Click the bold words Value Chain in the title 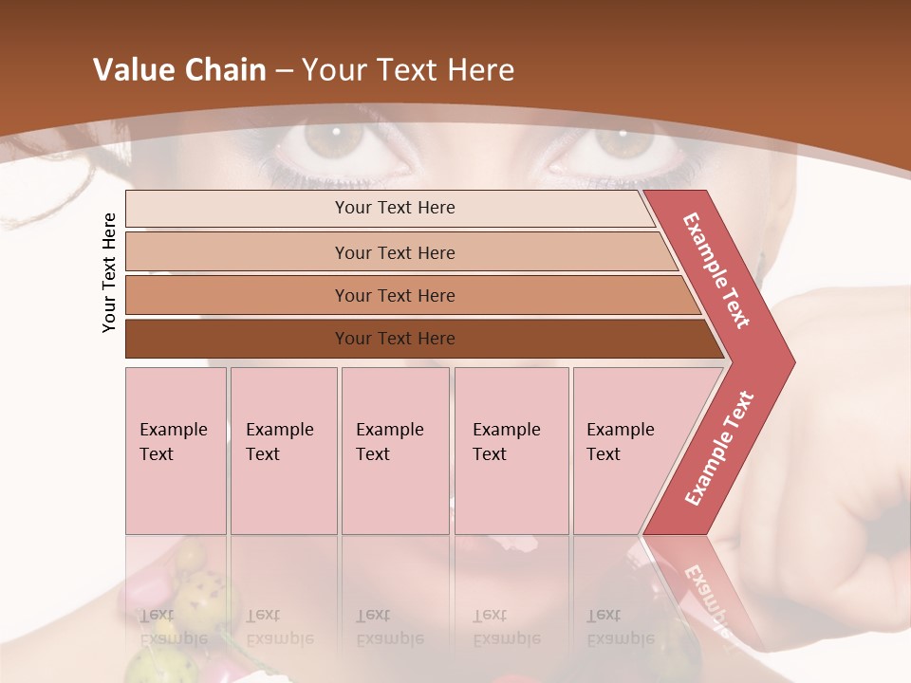click(179, 70)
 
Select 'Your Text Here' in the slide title click(408, 70)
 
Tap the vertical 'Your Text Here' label click(109, 272)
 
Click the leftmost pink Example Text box click(176, 451)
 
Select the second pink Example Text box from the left click(284, 451)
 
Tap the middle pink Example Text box click(395, 451)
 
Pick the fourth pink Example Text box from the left click(511, 451)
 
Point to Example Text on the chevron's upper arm click(716, 270)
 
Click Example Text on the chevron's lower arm click(719, 449)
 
